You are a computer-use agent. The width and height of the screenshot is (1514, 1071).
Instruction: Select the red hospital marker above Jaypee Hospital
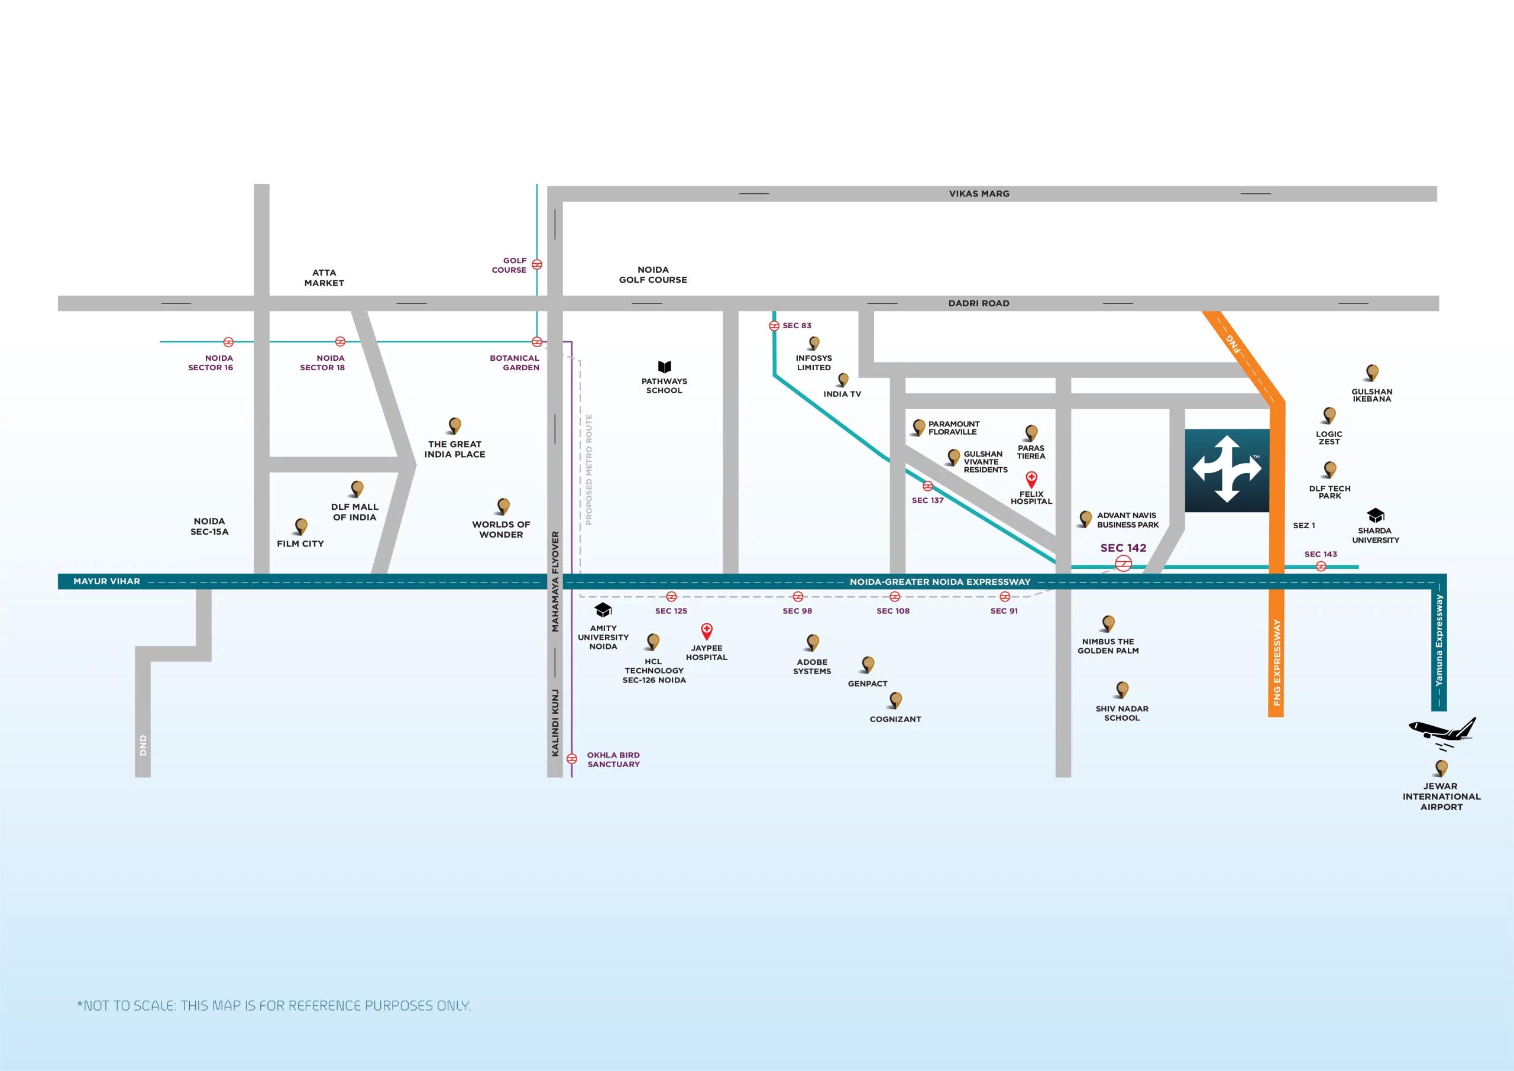coord(706,630)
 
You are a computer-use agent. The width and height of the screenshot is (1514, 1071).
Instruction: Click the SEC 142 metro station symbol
coord(1123,563)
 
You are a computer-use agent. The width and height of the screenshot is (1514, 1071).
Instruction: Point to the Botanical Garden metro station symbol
coord(537,342)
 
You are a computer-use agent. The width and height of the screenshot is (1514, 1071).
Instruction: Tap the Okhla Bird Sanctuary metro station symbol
coord(572,758)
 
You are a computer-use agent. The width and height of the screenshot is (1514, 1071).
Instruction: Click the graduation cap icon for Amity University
coord(603,609)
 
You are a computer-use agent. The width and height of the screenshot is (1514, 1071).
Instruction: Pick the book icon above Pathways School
coord(664,367)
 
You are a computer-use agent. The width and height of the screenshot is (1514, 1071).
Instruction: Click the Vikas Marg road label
coord(979,194)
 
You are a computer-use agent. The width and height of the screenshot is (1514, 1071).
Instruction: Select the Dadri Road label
coord(979,303)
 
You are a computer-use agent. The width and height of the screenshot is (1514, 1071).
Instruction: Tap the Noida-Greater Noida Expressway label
coord(940,582)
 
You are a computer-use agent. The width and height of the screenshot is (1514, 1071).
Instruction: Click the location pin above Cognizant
coord(895,700)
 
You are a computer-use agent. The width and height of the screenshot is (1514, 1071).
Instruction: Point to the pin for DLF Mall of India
coord(357,488)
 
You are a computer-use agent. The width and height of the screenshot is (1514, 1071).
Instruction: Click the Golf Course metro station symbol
coord(537,264)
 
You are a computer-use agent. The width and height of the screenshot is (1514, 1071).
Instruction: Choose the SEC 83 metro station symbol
coord(774,326)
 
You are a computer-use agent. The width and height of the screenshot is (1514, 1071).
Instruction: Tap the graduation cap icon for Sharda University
coord(1375,515)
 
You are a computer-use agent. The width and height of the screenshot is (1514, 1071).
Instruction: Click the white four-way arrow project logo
coord(1227,470)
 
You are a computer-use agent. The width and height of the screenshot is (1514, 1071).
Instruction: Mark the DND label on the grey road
coord(143,745)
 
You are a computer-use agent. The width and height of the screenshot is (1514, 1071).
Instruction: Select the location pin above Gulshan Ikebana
coord(1371,373)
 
